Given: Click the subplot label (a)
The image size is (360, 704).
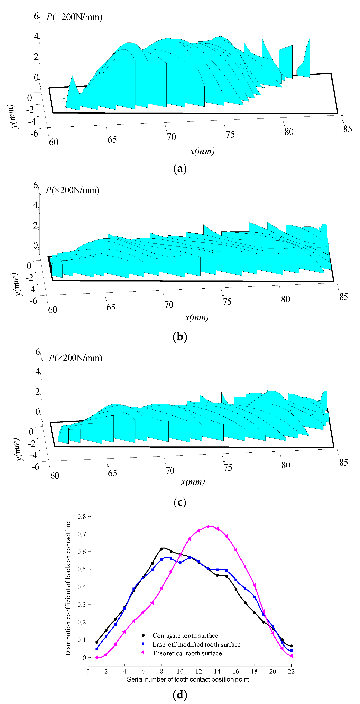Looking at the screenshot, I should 180,169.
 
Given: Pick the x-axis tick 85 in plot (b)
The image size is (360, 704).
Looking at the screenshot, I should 343,297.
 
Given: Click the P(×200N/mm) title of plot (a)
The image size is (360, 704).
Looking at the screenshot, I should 74,17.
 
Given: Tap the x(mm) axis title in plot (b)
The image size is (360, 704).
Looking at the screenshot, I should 197,317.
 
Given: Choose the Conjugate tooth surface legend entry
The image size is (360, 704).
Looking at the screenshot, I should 185,635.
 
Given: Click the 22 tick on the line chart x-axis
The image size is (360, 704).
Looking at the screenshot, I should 291,671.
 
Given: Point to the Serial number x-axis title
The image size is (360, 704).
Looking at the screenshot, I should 188,679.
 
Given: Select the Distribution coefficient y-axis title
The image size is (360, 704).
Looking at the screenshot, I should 68,588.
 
